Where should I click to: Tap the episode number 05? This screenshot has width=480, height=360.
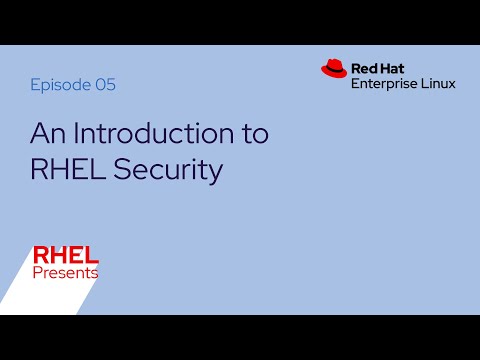(x=105, y=85)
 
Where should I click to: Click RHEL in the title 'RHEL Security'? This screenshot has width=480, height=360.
(x=65, y=169)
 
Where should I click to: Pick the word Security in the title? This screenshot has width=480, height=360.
(x=166, y=169)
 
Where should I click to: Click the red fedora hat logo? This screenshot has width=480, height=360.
(x=333, y=68)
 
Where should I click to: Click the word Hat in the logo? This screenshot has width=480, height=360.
(x=397, y=68)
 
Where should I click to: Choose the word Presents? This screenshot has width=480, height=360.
(x=65, y=272)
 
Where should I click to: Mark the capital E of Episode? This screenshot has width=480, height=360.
(x=35, y=85)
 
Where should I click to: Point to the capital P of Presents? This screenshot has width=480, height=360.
(x=37, y=272)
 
